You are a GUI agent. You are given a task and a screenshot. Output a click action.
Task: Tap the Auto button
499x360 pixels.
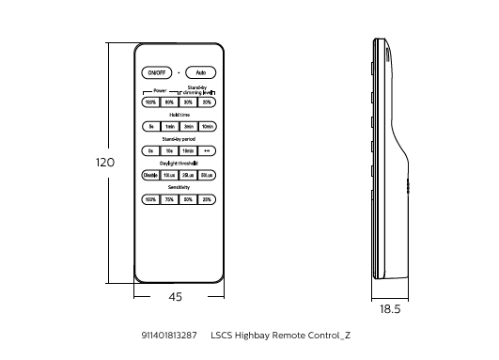coord(200,72)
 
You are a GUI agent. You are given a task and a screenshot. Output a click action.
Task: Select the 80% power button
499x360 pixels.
coord(169,102)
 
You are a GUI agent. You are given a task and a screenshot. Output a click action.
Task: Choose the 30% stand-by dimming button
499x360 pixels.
coord(188,102)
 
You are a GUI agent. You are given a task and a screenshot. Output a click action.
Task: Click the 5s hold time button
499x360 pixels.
coord(150,126)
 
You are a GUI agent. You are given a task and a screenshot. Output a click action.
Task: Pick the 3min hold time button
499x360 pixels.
coord(188,126)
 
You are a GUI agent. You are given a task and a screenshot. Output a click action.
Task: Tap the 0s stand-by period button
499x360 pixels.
coord(150,150)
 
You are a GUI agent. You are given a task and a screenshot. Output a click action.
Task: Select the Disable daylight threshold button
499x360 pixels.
coord(150,175)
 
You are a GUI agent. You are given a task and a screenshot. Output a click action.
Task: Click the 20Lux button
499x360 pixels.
coord(188,175)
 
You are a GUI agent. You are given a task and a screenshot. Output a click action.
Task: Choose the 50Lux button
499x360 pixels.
coord(207,175)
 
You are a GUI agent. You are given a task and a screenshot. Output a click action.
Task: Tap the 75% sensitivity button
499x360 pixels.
coord(169,199)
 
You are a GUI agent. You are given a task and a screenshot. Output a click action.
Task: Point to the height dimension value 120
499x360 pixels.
coord(105,163)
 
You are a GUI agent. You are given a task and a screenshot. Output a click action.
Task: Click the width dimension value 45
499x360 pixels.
coord(175,296)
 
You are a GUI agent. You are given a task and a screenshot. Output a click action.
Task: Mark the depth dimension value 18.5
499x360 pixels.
coord(390,308)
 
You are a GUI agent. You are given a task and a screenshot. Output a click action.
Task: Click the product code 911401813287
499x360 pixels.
coord(169,335)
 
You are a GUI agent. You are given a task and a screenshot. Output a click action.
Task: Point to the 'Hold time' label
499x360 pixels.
coord(179,115)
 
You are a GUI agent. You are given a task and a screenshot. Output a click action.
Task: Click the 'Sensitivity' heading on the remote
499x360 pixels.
coord(179,188)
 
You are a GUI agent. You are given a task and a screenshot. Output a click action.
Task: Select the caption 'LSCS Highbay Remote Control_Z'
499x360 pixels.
coord(280,335)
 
